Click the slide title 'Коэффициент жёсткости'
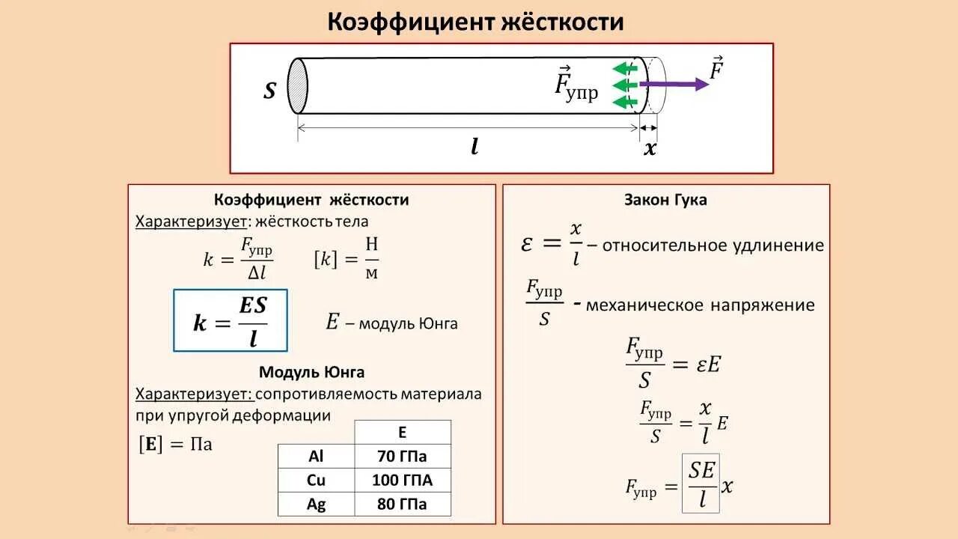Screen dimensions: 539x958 coord(475,22)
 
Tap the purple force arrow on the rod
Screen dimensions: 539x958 coord(674,85)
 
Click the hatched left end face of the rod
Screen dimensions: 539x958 coord(298,85)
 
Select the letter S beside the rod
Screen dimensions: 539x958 coord(270,91)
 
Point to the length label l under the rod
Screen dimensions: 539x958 coord(475,147)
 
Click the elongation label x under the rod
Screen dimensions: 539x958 coord(650,148)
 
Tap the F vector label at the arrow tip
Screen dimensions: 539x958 coord(717,69)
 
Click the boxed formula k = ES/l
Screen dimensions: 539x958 coord(231,320)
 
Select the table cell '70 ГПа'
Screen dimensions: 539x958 coord(402,455)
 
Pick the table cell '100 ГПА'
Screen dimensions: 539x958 coord(402,480)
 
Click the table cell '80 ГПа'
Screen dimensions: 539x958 coord(402,504)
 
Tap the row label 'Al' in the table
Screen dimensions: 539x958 coord(316,455)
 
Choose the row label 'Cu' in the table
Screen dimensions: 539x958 coord(316,480)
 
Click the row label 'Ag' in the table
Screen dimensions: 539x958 coord(316,504)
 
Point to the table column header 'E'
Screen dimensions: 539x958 coord(402,432)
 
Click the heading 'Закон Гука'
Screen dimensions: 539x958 coord(665,200)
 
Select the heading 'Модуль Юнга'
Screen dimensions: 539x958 coord(311,372)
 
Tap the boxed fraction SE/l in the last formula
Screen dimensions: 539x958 coord(701,483)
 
